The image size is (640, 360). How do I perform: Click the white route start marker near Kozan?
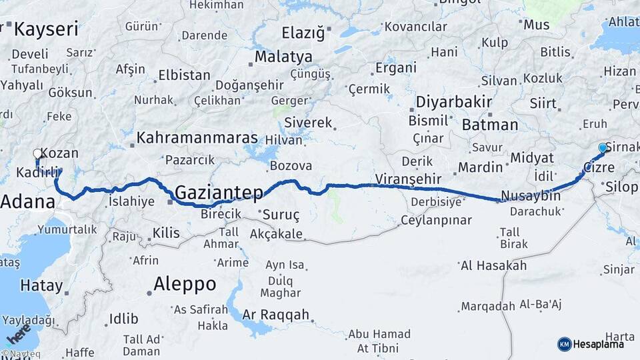point(37,154)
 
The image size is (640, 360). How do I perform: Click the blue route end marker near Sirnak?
point(603,147)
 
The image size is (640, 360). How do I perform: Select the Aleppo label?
point(185,284)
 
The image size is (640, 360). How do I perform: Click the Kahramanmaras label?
point(197,138)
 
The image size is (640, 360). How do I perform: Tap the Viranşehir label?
point(409,178)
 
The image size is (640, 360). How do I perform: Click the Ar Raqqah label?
point(276,315)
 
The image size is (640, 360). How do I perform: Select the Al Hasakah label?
point(493,265)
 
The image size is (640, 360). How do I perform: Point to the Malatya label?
point(283,56)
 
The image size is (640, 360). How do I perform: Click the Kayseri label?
point(46,29)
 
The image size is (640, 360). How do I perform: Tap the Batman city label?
point(489,125)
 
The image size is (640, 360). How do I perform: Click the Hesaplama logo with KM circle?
point(591,344)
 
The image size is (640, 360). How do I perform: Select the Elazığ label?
point(302,32)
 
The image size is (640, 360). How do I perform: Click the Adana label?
point(27,201)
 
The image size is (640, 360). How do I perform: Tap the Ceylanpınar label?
point(436,220)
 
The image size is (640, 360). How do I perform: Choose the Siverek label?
point(307,123)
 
